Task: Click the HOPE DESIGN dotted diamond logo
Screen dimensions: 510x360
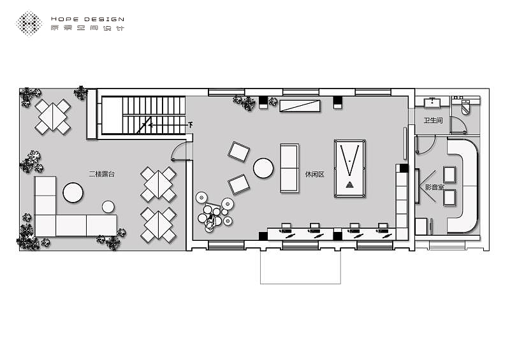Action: [29, 23]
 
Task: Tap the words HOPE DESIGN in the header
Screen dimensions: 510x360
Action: [87, 19]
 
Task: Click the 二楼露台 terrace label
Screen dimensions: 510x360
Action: [102, 174]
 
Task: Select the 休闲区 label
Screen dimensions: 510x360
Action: [315, 175]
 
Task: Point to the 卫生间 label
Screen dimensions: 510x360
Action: [433, 120]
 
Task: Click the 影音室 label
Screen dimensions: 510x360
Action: [435, 187]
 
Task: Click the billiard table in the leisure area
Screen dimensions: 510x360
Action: [349, 168]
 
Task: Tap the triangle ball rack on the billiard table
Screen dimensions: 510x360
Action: [349, 185]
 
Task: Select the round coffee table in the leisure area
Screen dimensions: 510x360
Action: [263, 168]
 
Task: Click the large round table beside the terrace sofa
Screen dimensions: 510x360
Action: [73, 192]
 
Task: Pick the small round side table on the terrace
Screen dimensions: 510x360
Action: [108, 206]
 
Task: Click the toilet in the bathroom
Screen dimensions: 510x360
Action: [466, 106]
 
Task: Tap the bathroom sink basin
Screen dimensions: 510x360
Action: [432, 103]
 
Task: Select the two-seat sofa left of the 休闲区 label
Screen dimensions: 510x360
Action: [289, 168]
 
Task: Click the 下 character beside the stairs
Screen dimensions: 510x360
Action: [190, 124]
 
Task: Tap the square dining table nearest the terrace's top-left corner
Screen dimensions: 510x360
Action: [53, 117]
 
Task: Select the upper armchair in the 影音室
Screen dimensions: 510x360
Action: [449, 175]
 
